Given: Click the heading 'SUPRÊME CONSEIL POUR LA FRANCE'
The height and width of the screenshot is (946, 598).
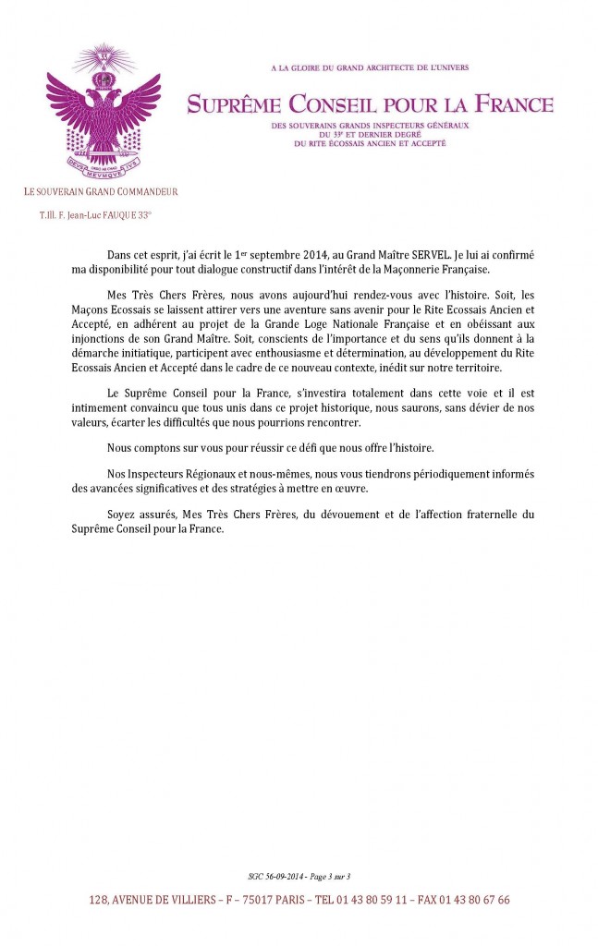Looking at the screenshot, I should point(370,104).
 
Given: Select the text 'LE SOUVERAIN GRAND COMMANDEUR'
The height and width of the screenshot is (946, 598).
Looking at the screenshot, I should point(102,192).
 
